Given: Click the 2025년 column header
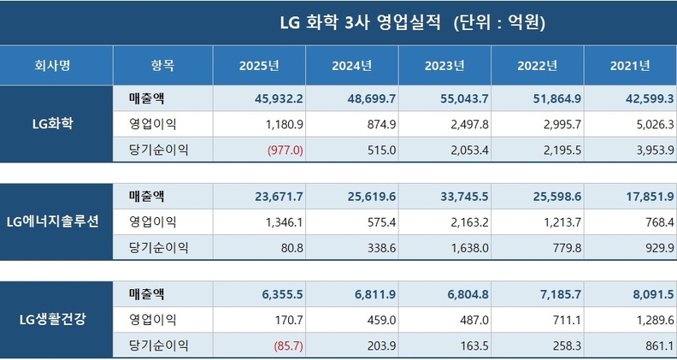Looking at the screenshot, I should pyautogui.click(x=259, y=65).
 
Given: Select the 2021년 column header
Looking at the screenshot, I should pyautogui.click(x=631, y=65).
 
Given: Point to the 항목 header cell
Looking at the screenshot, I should pyautogui.click(x=162, y=65).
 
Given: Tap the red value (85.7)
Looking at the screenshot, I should pyautogui.click(x=288, y=345).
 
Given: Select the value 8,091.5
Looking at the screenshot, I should pyautogui.click(x=648, y=295).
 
